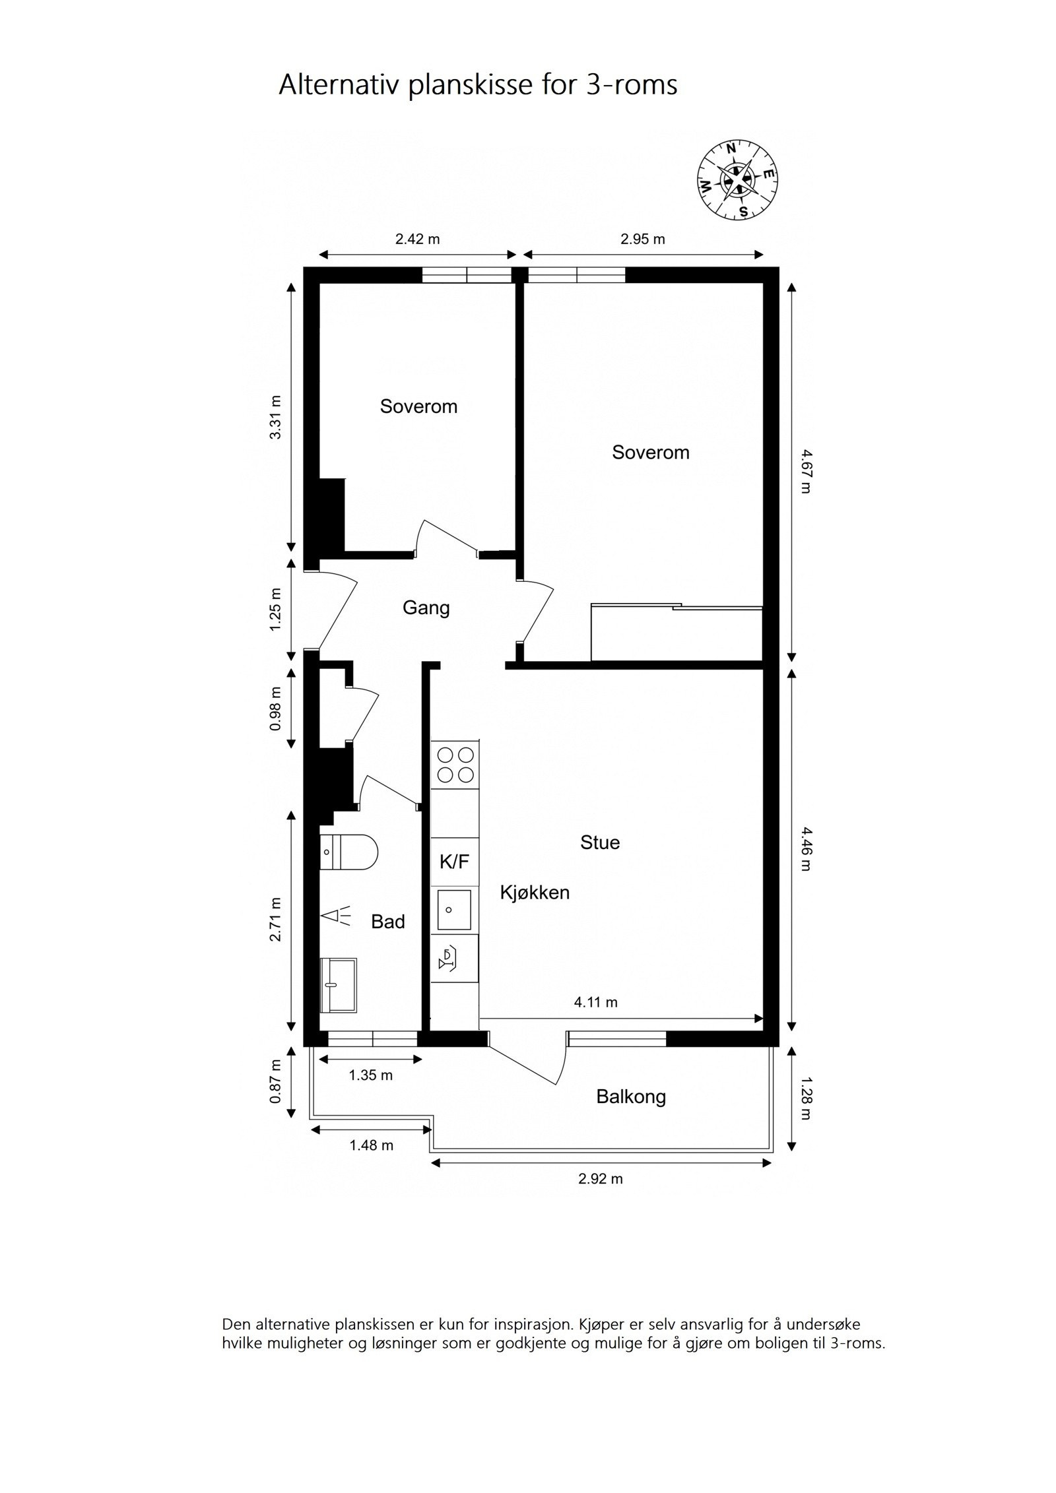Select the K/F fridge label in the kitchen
point(454,862)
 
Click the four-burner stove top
point(455,765)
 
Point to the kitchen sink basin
point(453,909)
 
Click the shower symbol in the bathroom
point(337,916)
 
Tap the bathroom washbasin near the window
point(337,984)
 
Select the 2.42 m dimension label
point(417,239)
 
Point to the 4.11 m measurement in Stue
point(595,1002)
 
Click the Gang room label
point(426,608)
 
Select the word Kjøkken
point(534,893)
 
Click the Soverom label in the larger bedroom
point(650,452)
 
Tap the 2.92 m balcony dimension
point(600,1178)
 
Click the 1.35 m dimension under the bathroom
point(370,1075)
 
